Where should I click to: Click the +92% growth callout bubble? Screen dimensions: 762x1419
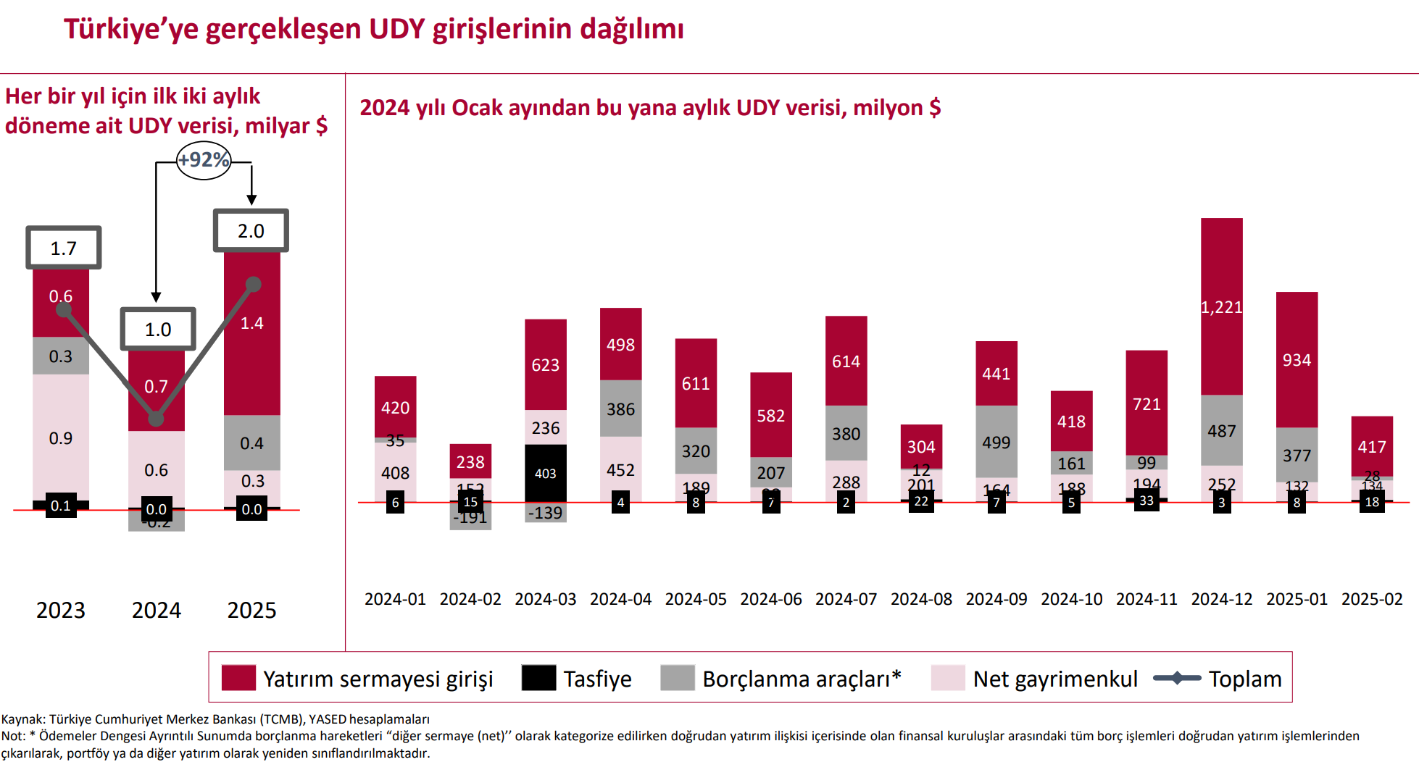pyautogui.click(x=204, y=160)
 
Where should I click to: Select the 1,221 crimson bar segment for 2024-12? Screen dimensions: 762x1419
pyautogui.click(x=1221, y=306)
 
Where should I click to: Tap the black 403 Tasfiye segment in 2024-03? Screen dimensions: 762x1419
pyautogui.click(x=545, y=473)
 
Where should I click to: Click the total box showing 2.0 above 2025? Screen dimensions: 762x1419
pyautogui.click(x=251, y=231)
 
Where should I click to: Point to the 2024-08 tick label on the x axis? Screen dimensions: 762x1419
pyautogui.click(x=920, y=600)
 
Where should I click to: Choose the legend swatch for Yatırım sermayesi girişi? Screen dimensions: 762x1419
pyautogui.click(x=238, y=678)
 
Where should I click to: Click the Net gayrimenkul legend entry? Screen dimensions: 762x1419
pyautogui.click(x=1054, y=679)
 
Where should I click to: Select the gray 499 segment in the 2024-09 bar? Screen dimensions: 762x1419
pyautogui.click(x=996, y=442)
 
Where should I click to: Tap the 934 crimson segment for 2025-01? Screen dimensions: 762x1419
pyautogui.click(x=1297, y=360)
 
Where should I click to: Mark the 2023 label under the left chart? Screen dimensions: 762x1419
pyautogui.click(x=61, y=611)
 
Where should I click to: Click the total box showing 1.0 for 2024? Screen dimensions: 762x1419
pyautogui.click(x=158, y=330)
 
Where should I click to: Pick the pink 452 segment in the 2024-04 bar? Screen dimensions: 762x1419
pyautogui.click(x=620, y=469)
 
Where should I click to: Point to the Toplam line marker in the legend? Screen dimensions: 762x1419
pyautogui.click(x=1176, y=679)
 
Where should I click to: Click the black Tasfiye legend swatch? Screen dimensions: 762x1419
pyautogui.click(x=538, y=678)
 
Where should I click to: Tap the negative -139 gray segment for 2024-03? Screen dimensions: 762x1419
pyautogui.click(x=545, y=513)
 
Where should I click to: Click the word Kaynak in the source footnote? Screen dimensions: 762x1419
pyautogui.click(x=22, y=719)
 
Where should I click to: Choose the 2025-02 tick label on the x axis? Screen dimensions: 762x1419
pyautogui.click(x=1371, y=600)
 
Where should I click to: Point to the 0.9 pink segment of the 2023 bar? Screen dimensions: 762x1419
pyautogui.click(x=61, y=437)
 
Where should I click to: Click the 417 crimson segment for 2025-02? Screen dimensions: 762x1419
pyautogui.click(x=1371, y=446)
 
